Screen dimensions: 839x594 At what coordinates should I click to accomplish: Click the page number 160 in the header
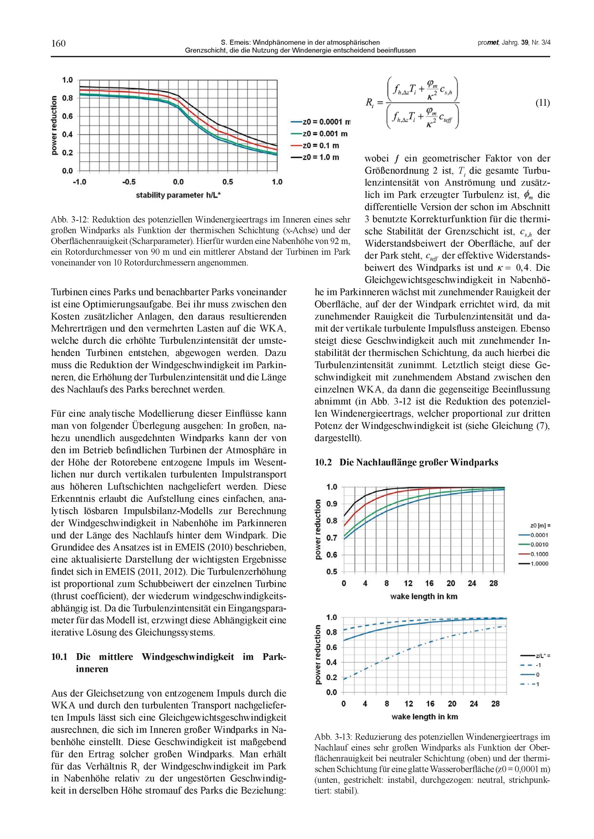[59, 44]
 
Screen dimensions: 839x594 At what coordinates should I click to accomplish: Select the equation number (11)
[542, 103]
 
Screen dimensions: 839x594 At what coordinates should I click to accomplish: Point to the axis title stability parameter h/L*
[178, 195]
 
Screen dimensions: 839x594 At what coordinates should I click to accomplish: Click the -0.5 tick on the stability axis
[129, 182]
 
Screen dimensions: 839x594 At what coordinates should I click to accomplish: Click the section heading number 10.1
[59, 657]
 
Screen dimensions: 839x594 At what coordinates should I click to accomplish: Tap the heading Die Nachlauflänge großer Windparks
[418, 462]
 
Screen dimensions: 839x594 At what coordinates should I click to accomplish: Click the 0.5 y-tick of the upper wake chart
[332, 572]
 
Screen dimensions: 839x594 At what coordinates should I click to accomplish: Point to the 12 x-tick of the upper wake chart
[408, 583]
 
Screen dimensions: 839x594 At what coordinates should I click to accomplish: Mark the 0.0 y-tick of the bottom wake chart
[332, 692]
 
